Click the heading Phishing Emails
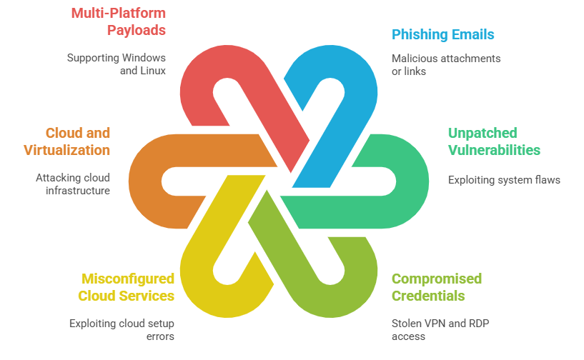coord(442,34)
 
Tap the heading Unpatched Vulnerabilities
coord(493,141)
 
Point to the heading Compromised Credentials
coord(436,287)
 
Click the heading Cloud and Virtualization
coord(78,141)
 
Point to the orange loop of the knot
coord(154,179)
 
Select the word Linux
coord(152,71)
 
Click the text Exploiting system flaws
coord(504,180)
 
